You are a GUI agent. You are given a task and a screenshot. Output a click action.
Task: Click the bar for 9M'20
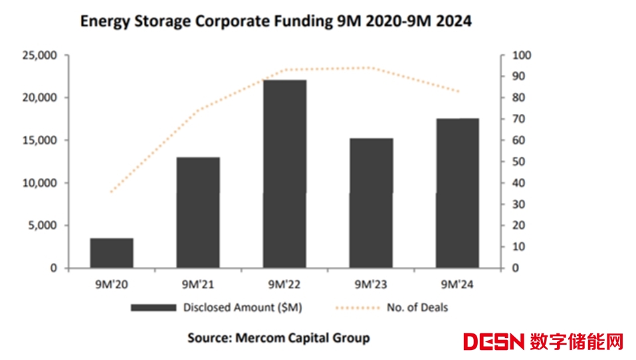point(112,253)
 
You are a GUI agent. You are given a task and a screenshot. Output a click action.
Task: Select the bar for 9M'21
point(198,213)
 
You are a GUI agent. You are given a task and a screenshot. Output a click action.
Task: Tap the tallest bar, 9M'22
point(284,174)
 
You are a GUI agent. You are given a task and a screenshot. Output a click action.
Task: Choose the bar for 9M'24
point(457,193)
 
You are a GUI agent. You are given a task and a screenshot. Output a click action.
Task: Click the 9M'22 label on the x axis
point(284,284)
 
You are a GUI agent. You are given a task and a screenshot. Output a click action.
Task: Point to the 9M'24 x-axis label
point(457,284)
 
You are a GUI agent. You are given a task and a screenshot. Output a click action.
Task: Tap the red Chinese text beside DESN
point(577,343)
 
